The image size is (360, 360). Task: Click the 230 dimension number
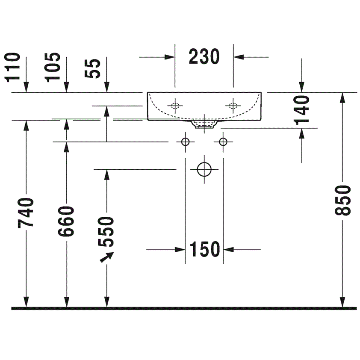204,56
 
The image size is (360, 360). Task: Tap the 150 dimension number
205,249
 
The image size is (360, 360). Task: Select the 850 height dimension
342,201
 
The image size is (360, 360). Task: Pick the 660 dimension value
66,221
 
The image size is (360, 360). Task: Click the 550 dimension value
106,232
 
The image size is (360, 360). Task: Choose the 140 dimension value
302,110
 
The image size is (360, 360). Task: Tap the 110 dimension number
12,67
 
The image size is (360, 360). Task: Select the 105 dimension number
53,67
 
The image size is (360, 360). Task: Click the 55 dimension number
92,68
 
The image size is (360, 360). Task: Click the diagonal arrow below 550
107,257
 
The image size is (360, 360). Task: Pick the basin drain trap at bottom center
204,124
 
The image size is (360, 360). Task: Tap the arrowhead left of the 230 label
170,57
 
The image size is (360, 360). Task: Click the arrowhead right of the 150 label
228,249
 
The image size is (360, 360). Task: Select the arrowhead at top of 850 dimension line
342,97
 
